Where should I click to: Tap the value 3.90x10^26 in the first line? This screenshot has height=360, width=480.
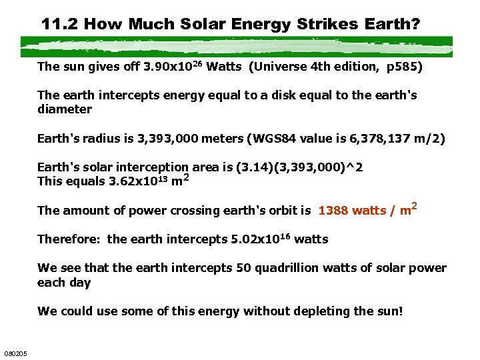coord(173,67)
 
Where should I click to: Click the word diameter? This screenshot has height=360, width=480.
coord(65,109)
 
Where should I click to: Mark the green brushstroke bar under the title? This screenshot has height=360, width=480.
coord(237,45)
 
